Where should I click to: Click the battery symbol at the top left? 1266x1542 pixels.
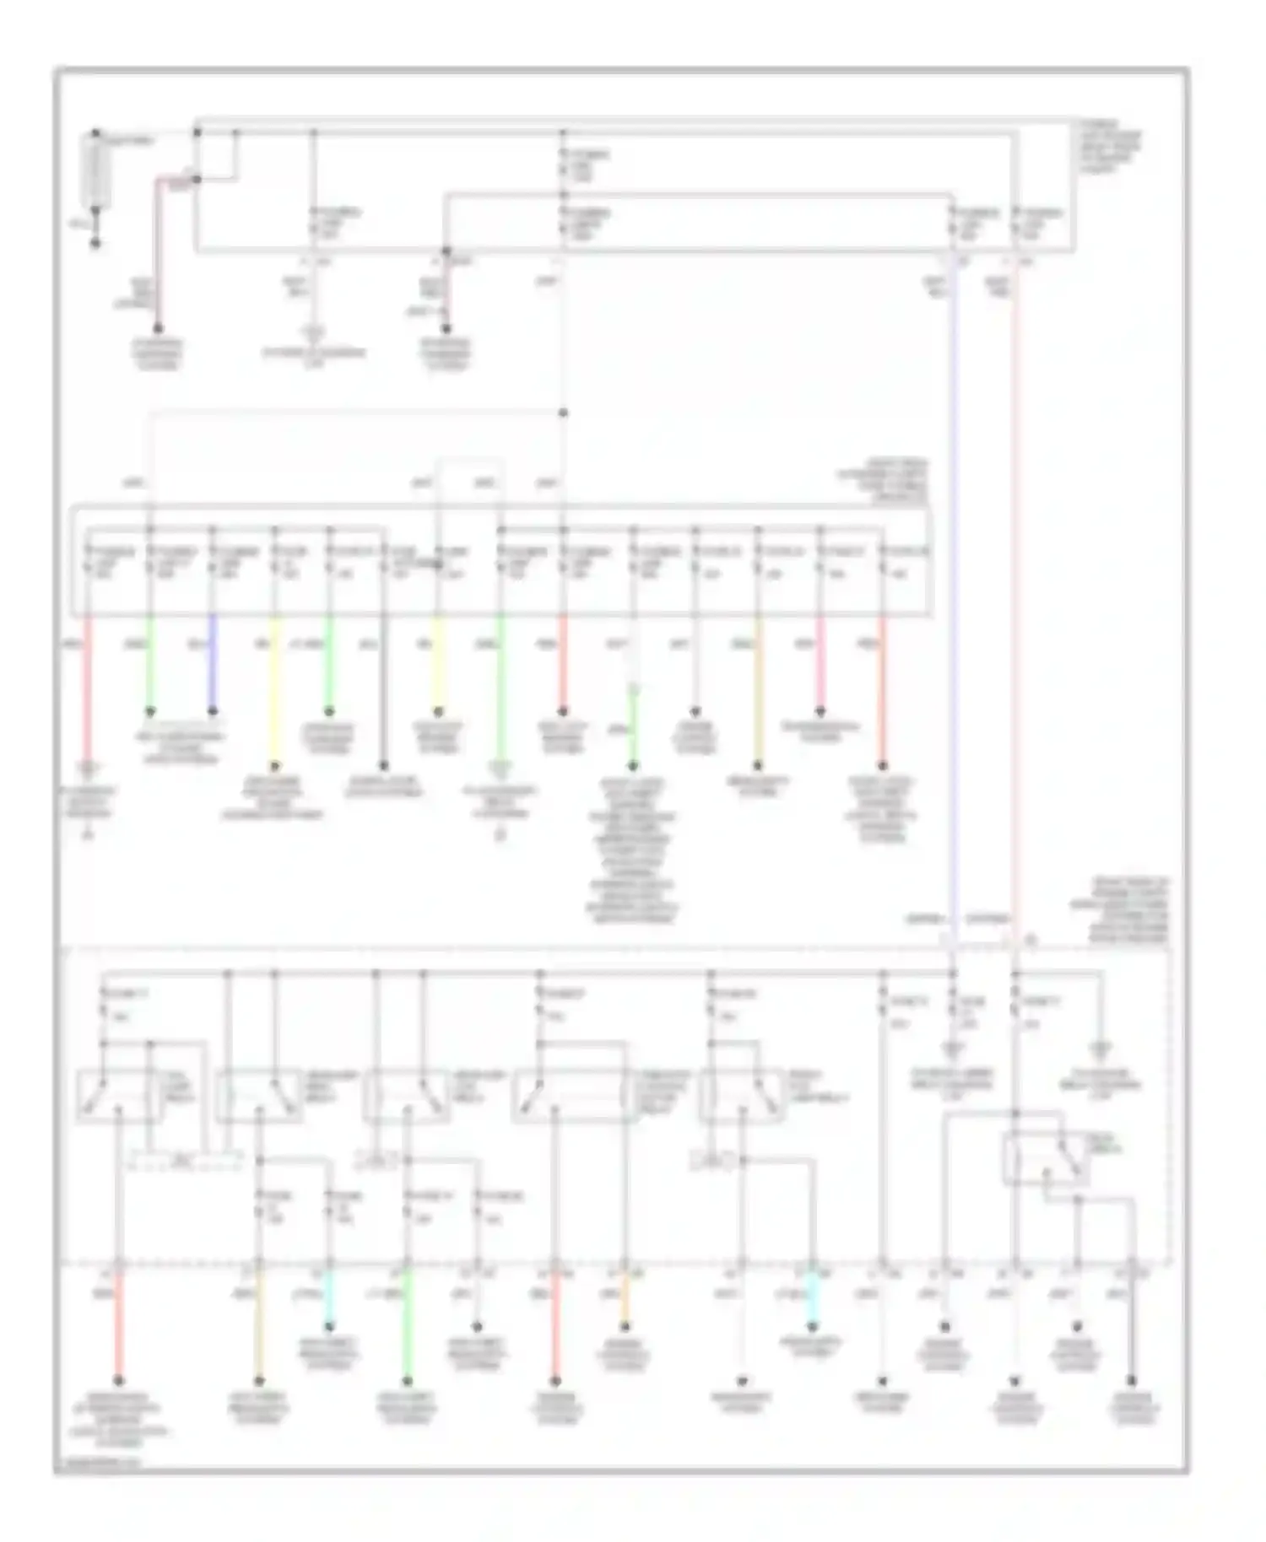[x=95, y=170]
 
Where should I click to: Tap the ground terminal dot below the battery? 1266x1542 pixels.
[x=95, y=244]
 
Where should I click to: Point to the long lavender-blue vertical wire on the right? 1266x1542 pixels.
[x=953, y=590]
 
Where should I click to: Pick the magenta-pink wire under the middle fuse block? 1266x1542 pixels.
[x=820, y=666]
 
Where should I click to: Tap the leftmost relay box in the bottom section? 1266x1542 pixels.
[x=121, y=1095]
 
